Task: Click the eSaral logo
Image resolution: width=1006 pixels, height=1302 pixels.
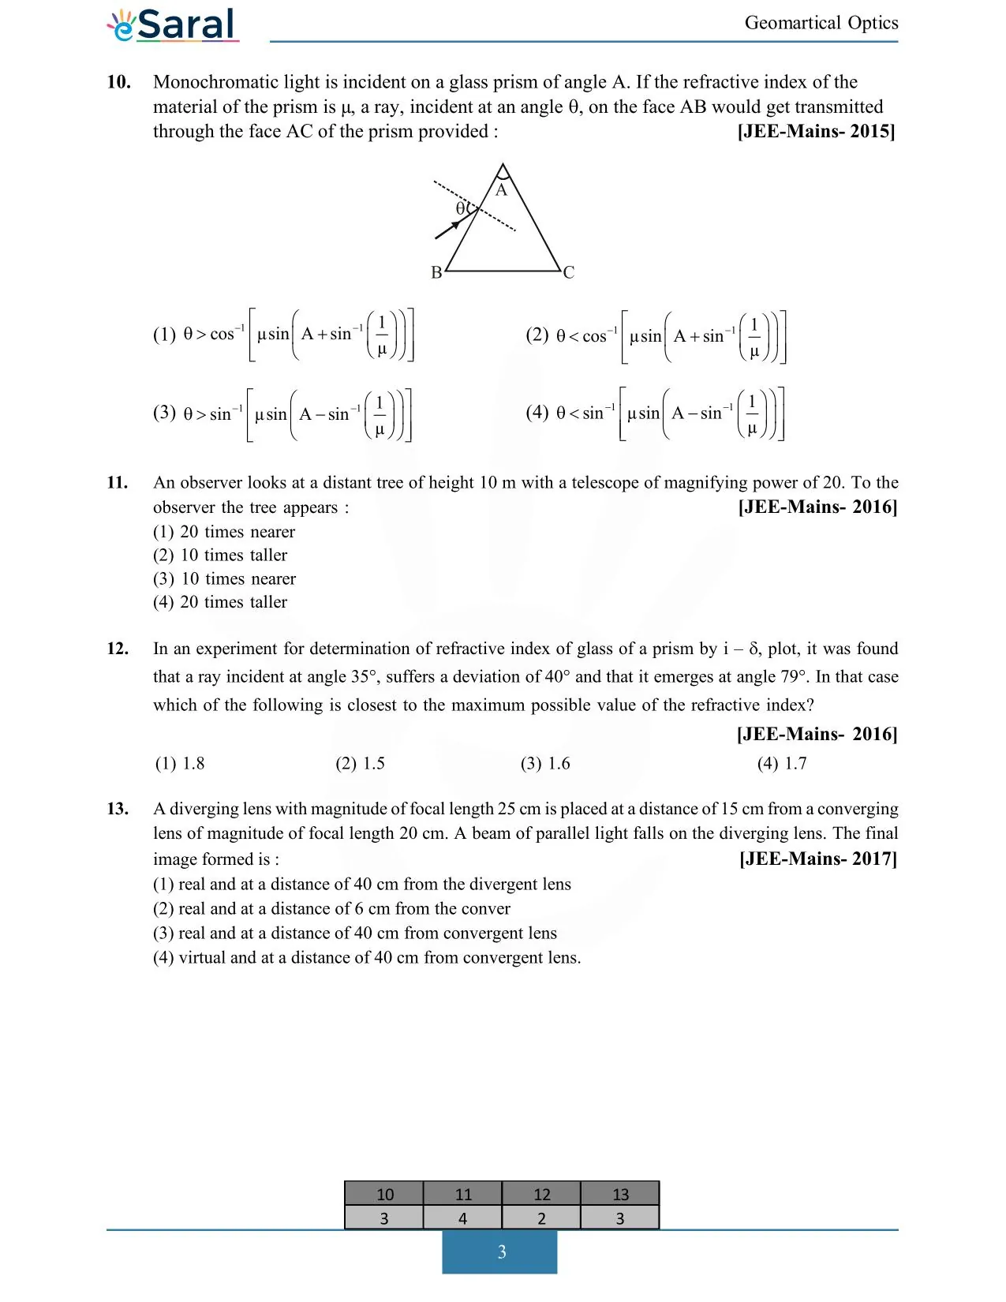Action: [x=173, y=24]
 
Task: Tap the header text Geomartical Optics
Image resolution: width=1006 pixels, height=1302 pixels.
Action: [x=821, y=23]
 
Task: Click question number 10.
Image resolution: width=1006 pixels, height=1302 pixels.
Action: [x=118, y=82]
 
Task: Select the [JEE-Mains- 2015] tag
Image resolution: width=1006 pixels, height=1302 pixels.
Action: [x=816, y=131]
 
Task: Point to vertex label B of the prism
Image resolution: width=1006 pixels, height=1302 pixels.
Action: [x=436, y=272]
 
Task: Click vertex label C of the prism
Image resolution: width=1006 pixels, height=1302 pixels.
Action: [x=569, y=272]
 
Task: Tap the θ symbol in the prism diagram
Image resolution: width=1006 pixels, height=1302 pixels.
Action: [x=461, y=208]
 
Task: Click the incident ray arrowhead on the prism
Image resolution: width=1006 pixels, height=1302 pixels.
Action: [x=454, y=226]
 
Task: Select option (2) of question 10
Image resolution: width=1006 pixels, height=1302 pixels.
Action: [x=656, y=336]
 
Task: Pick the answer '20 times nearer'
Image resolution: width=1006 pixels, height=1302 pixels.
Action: [x=224, y=532]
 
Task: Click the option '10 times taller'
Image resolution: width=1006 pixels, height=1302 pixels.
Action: [x=220, y=556]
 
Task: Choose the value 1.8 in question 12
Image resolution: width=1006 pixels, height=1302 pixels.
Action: [x=180, y=764]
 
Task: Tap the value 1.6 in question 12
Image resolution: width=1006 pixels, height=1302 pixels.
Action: [x=545, y=764]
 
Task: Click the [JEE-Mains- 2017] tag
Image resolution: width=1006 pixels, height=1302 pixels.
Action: [x=817, y=859]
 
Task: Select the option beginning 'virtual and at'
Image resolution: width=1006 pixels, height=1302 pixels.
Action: [x=367, y=958]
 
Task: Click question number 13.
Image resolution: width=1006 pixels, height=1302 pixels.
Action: [x=118, y=809]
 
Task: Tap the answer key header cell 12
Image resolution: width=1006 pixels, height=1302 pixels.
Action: [x=541, y=1194]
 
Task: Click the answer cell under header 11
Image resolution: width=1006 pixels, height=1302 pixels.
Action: [x=462, y=1218]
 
